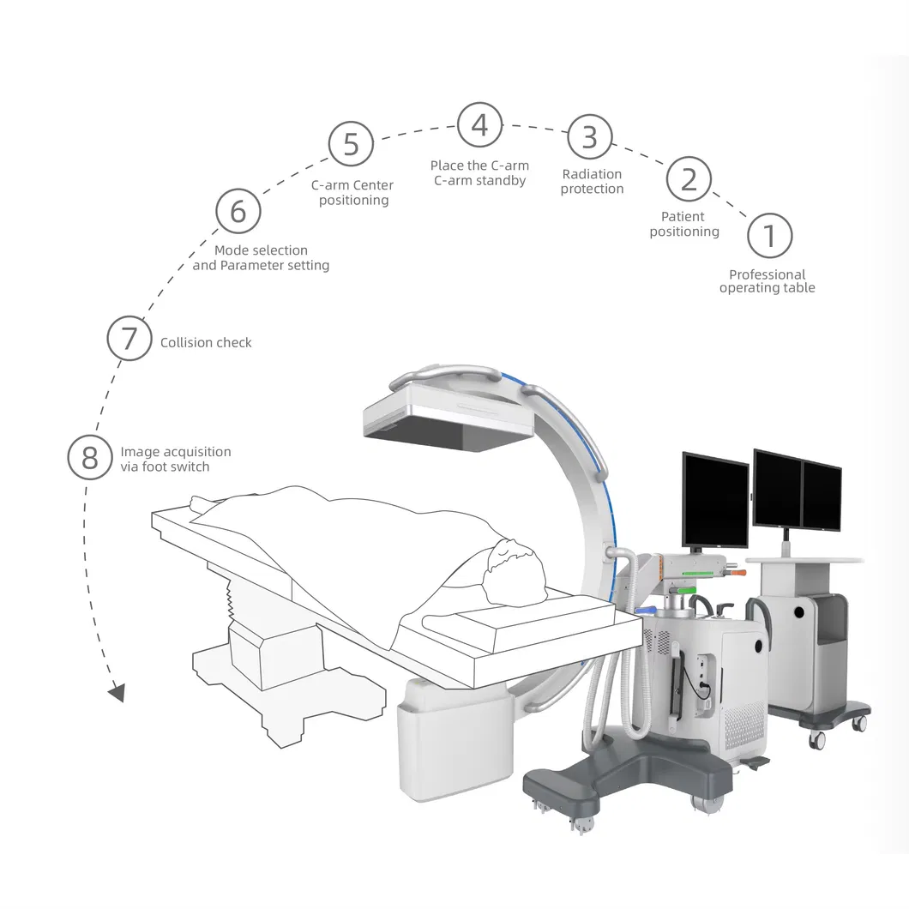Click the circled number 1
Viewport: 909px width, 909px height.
(769, 235)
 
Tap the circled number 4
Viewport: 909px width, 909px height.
(479, 125)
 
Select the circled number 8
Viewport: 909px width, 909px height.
(90, 458)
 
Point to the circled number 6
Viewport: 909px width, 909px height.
(238, 211)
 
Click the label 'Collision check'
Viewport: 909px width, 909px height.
(206, 342)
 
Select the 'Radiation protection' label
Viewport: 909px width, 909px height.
(592, 182)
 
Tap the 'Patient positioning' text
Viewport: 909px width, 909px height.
(683, 224)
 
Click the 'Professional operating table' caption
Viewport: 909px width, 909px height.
(767, 281)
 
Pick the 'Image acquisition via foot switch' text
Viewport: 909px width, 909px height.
(175, 459)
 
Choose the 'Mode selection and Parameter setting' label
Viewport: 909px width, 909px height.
(261, 258)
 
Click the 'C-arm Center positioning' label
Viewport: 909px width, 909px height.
(353, 193)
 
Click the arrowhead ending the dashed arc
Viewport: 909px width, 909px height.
(117, 692)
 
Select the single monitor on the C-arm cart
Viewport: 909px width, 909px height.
(715, 500)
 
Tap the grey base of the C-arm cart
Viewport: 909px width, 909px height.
(626, 776)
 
